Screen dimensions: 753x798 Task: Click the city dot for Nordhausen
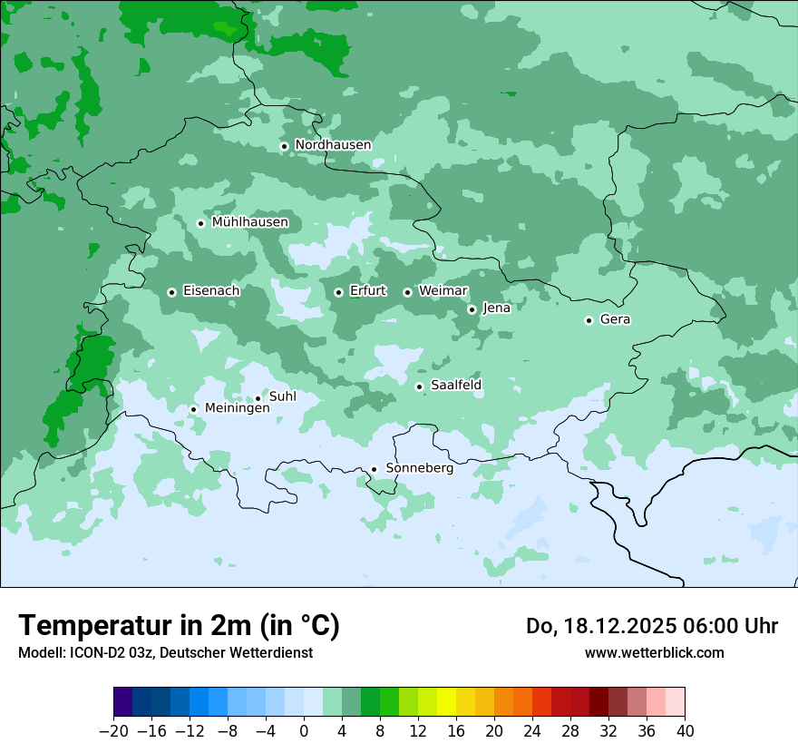pyautogui.click(x=284, y=146)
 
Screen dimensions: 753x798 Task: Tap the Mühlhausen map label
pyautogui.click(x=250, y=222)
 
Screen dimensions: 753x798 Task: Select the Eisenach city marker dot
pyautogui.click(x=171, y=292)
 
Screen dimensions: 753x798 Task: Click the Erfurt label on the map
pyautogui.click(x=367, y=291)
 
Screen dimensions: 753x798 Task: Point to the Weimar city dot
pyautogui.click(x=407, y=292)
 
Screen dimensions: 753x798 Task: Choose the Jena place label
pyautogui.click(x=496, y=308)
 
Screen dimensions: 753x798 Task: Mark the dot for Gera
pyautogui.click(x=589, y=320)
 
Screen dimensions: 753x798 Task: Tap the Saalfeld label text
pyautogui.click(x=456, y=386)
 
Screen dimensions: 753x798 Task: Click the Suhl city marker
pyautogui.click(x=258, y=398)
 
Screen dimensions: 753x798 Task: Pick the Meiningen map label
pyautogui.click(x=238, y=409)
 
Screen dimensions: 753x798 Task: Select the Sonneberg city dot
pyautogui.click(x=374, y=470)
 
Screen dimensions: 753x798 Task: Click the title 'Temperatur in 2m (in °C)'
pyautogui.click(x=179, y=626)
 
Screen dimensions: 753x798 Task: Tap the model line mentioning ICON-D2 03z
pyautogui.click(x=165, y=653)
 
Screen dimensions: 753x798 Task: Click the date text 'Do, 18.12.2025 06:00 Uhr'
pyautogui.click(x=651, y=626)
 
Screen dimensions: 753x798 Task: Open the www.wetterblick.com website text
pyautogui.click(x=654, y=653)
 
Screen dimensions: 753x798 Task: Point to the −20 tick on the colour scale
pyautogui.click(x=113, y=731)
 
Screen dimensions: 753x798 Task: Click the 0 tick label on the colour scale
pyautogui.click(x=304, y=731)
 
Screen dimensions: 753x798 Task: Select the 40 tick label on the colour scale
pyautogui.click(x=685, y=731)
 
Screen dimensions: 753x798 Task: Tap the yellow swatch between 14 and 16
pyautogui.click(x=446, y=702)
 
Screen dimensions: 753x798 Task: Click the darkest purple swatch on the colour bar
pyautogui.click(x=123, y=702)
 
